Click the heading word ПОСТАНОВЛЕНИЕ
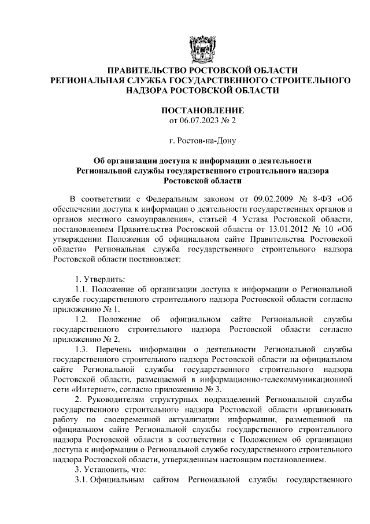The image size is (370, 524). click(x=202, y=110)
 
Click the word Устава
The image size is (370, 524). click(x=267, y=219)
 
